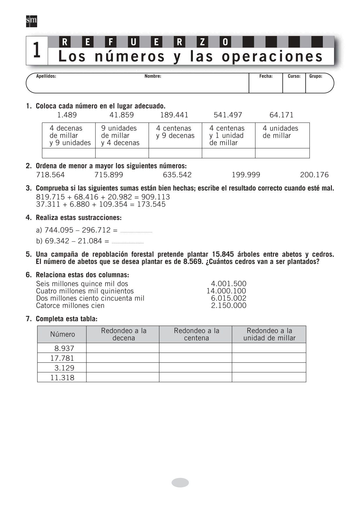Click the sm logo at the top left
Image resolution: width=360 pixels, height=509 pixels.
[x=31, y=21]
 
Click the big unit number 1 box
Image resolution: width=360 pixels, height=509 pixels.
[x=37, y=50]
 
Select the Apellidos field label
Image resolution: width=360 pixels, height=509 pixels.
[x=46, y=76]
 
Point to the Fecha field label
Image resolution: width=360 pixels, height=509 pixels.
[x=266, y=76]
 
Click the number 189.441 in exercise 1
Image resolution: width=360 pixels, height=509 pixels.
[x=174, y=115]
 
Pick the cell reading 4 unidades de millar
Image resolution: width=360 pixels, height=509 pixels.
[x=280, y=132]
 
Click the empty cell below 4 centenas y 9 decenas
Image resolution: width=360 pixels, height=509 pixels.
[x=175, y=153]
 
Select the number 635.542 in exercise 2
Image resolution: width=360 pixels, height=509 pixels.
[x=177, y=175]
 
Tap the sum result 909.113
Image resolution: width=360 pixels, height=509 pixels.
[x=155, y=197]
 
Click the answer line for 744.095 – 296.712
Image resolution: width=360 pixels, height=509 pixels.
[x=136, y=231]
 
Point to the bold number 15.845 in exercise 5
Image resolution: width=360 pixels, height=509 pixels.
[x=223, y=254]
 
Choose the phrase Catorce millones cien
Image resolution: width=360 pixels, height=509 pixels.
[x=70, y=306]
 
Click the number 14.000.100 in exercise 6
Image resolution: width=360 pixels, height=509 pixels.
[x=226, y=291]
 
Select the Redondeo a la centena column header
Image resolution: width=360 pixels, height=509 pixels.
[x=196, y=334]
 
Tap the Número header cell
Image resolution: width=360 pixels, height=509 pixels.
[x=62, y=334]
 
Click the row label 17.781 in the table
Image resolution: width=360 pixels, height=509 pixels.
[x=62, y=358]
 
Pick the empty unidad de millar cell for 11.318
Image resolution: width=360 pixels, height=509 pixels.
[x=269, y=377]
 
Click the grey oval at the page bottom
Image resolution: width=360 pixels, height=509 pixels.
[x=180, y=483]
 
